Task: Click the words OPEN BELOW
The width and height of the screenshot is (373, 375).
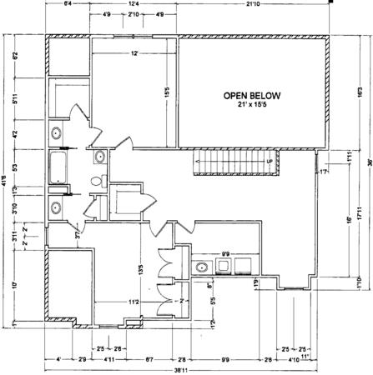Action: pyautogui.click(x=251, y=96)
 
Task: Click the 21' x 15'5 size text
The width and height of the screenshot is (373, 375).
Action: pyautogui.click(x=251, y=106)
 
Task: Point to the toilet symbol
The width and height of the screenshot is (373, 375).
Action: pyautogui.click(x=97, y=182)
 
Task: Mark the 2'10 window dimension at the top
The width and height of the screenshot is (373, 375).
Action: pyautogui.click(x=134, y=15)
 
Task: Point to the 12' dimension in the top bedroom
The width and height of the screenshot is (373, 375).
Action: pyautogui.click(x=133, y=54)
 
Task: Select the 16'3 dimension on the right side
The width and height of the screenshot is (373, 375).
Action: pyautogui.click(x=359, y=92)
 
